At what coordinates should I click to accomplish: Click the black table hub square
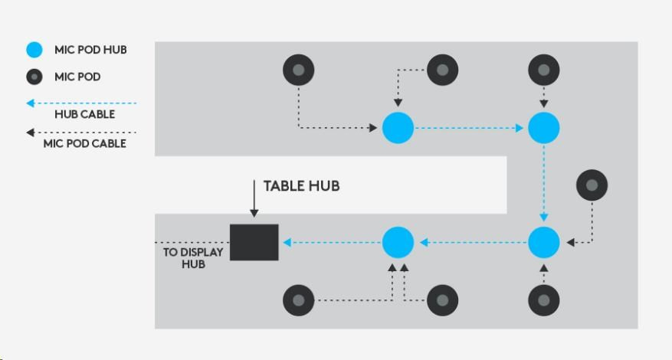[254, 242]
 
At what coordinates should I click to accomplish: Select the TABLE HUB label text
[301, 186]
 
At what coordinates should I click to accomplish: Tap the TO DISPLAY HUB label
[193, 257]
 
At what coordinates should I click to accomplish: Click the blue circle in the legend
[34, 51]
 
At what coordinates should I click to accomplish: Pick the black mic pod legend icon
[34, 77]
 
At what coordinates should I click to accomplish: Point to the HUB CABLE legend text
[85, 114]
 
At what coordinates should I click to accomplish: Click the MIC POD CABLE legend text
[85, 143]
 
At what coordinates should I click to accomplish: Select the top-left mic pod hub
[398, 127]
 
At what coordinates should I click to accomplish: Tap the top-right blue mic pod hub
[543, 127]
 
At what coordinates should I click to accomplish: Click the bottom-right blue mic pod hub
[543, 242]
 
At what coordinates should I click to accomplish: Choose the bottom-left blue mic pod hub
[398, 242]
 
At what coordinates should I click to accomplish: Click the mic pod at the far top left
[298, 70]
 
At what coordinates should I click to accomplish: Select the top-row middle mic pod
[442, 70]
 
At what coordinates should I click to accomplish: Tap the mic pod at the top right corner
[543, 70]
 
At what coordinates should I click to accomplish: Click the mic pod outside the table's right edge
[592, 185]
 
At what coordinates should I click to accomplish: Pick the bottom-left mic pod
[298, 300]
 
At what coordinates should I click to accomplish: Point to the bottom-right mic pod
[543, 300]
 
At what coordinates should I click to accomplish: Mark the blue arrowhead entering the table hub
[287, 242]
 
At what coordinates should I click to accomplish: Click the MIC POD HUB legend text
[90, 51]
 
